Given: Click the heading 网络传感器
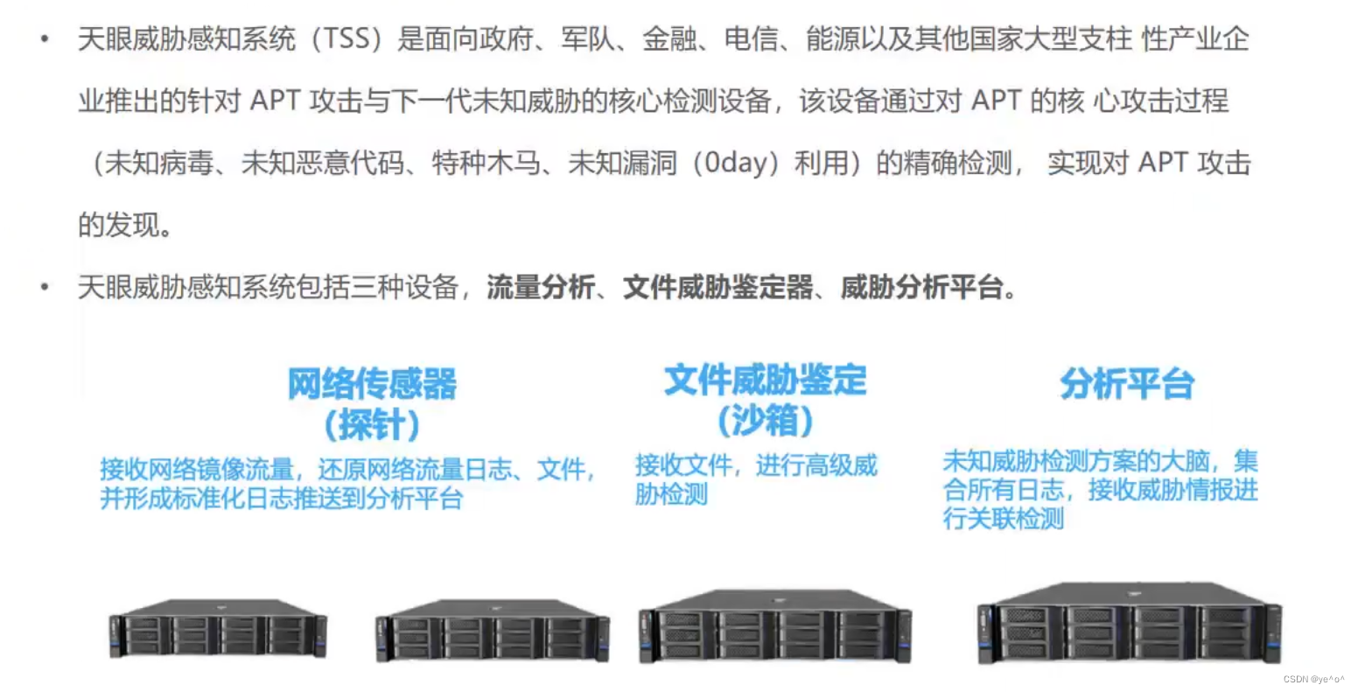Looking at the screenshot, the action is [372, 383].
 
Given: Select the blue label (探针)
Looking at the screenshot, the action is [372, 424].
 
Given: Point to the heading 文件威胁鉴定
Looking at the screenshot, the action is [765, 380].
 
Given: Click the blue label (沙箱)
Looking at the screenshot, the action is [765, 421].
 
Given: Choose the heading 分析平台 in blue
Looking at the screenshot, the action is [1127, 383].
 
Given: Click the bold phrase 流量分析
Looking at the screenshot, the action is [541, 287].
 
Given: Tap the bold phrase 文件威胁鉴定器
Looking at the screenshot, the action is [717, 287].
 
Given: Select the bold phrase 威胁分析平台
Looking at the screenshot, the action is [922, 287].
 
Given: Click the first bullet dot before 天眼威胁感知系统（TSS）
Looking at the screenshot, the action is [45, 39].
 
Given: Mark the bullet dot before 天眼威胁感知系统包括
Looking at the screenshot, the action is [45, 287].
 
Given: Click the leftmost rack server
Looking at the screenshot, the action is [218, 628].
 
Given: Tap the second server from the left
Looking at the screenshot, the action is [493, 630].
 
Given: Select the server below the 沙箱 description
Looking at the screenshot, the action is [774, 626].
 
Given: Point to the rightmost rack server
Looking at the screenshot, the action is [1130, 622].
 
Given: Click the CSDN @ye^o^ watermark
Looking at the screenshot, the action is [1313, 679].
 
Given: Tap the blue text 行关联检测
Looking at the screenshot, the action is [1004, 519].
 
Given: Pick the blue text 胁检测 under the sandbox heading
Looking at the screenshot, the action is [671, 494].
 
